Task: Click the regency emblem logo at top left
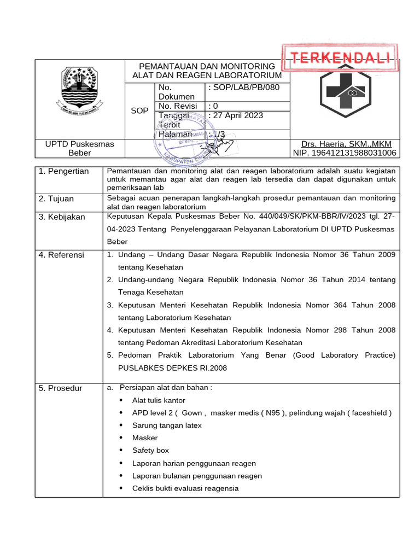point(80,90)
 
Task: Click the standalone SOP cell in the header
point(140,110)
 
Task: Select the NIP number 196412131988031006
point(345,153)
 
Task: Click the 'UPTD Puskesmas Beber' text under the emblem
point(80,148)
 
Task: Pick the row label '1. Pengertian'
point(63,172)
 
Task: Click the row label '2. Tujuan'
point(56,199)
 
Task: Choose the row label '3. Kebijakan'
point(62,217)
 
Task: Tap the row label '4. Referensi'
point(61,255)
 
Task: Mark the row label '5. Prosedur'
point(61,388)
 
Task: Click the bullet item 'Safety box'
point(150,451)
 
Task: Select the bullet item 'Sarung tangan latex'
point(167,425)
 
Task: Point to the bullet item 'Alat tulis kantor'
point(159,400)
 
